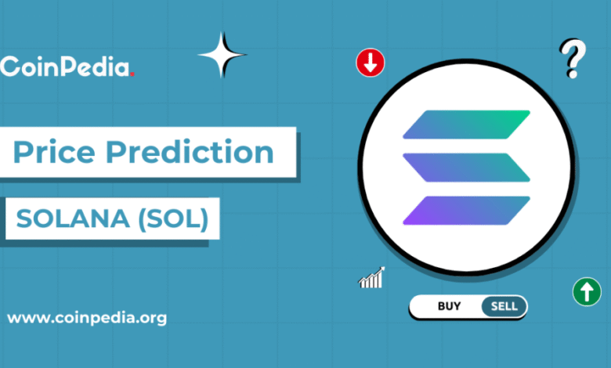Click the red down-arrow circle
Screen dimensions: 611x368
371,63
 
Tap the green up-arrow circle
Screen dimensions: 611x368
587,292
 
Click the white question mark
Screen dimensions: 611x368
573,59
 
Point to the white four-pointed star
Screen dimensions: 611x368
222,55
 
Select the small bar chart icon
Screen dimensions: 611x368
371,278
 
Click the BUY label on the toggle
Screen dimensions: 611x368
450,306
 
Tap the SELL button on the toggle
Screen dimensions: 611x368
504,306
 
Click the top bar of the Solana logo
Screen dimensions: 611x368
466,124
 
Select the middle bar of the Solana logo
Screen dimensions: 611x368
466,168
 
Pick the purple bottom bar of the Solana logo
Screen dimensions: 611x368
466,211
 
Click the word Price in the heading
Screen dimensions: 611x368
54,151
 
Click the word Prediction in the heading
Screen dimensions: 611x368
190,151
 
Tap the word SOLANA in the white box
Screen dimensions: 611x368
73,218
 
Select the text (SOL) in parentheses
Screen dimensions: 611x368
174,219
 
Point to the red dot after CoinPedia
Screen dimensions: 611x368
132,74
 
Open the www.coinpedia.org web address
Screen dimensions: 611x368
87,318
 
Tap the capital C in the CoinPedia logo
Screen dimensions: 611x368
9,67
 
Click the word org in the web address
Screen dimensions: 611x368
154,319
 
